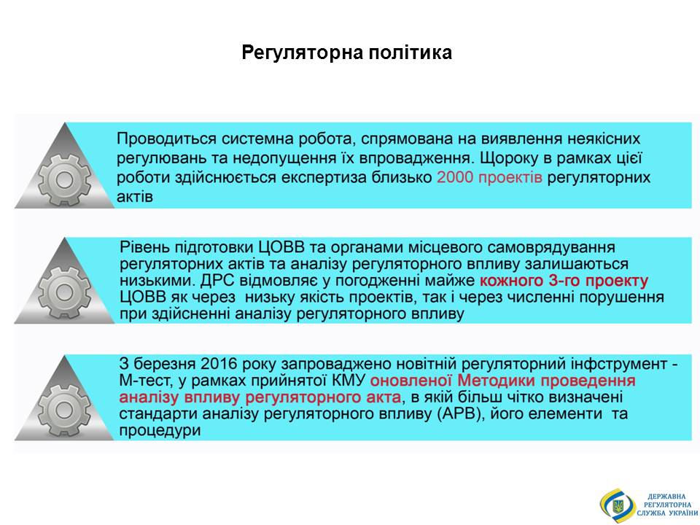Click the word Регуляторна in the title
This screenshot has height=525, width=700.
[x=301, y=53]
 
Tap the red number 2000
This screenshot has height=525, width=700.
[x=454, y=177]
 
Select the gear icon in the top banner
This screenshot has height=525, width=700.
[x=64, y=179]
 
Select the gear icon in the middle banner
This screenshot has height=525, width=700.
[x=64, y=293]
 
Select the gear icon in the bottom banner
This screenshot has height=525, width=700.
[x=64, y=411]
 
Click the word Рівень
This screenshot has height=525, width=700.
[x=144, y=248]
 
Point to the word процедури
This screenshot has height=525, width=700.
[x=160, y=431]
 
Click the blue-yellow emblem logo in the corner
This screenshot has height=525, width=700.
[x=618, y=505]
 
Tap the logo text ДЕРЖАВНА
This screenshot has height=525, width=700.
[x=667, y=497]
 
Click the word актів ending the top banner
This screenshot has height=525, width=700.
[x=135, y=197]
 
